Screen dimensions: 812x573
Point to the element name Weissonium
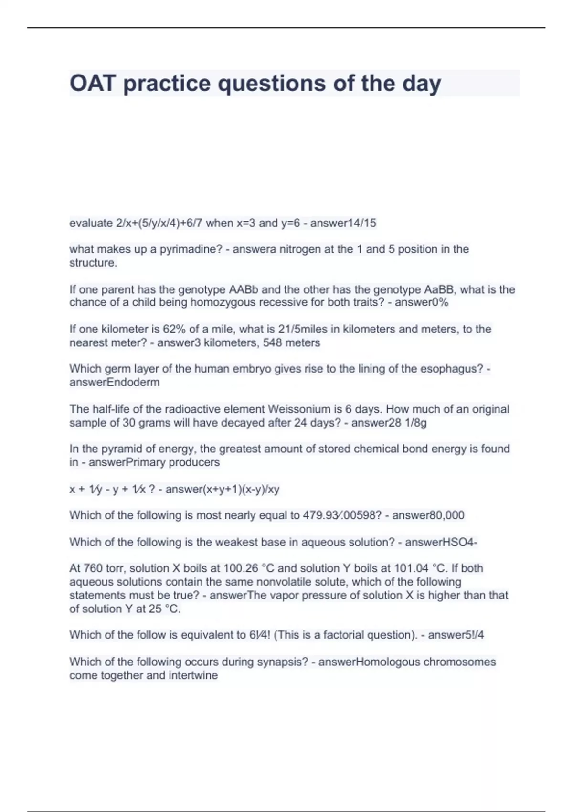[299, 409]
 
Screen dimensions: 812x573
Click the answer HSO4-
[460, 542]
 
